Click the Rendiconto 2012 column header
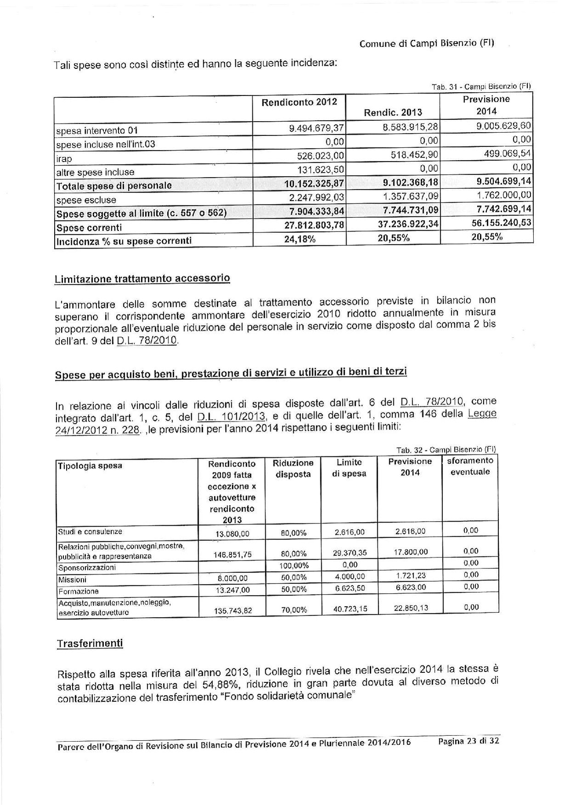(x=299, y=102)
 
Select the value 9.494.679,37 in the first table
(x=317, y=128)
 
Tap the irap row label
(x=64, y=159)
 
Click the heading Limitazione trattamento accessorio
(x=142, y=279)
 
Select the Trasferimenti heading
(x=90, y=643)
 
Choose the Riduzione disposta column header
(x=293, y=468)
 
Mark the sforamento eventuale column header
(x=470, y=466)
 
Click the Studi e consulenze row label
(x=90, y=532)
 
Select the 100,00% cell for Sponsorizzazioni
(x=294, y=565)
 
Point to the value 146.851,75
(x=233, y=554)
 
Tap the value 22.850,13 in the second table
(x=411, y=608)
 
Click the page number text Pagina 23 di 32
(x=468, y=741)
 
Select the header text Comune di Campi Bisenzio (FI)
(x=427, y=44)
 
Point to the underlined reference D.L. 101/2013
(x=232, y=417)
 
